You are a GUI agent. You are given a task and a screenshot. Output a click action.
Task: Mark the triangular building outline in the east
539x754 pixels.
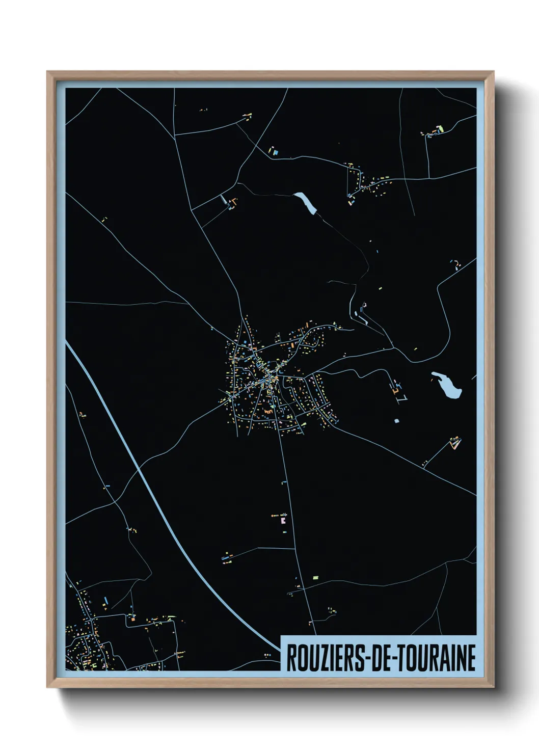coord(454,443)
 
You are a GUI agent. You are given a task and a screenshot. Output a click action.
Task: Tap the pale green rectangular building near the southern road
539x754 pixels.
coord(315,577)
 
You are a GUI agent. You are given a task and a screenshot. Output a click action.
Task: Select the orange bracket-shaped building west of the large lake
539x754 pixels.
coord(395,389)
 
